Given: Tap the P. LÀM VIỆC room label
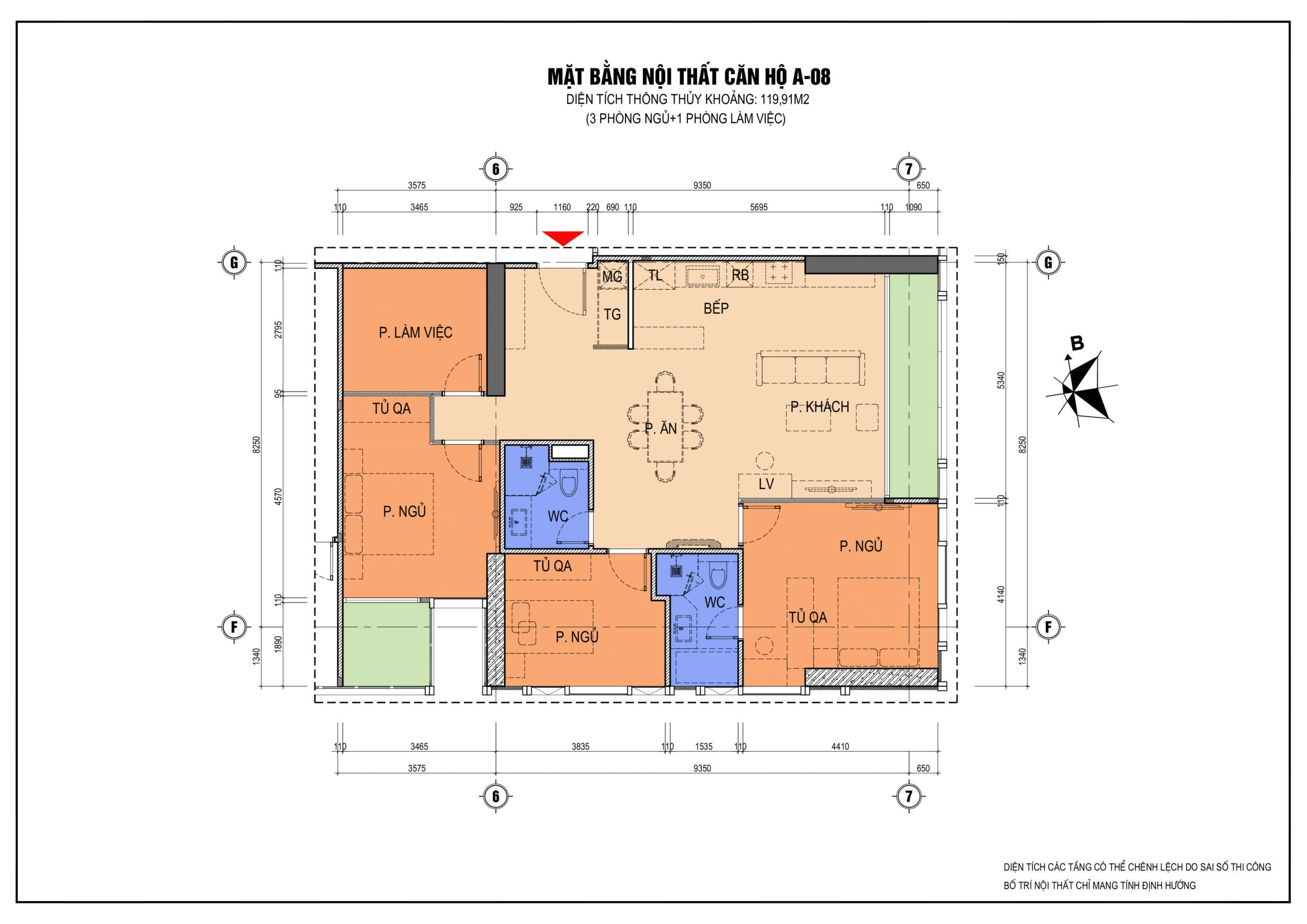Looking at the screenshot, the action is coord(416,332).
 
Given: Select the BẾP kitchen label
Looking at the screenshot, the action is coord(716,308).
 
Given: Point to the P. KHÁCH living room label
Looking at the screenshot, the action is coord(820,406).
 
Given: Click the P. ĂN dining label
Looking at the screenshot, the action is coord(660,428).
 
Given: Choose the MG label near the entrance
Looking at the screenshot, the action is coord(613,277).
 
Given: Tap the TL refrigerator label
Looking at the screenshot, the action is coord(655,276).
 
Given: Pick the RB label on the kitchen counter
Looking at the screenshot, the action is coord(740,275).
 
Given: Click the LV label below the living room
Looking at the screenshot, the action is coord(766,484).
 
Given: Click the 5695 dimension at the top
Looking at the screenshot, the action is coord(759,207).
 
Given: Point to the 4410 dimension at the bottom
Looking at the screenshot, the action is coord(840,746).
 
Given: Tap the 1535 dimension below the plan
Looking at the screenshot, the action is coord(704,746).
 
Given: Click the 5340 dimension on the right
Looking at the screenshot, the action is coord(1001,380).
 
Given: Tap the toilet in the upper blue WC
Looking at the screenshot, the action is coord(569,483).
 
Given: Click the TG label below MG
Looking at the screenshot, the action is coord(613,314).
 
